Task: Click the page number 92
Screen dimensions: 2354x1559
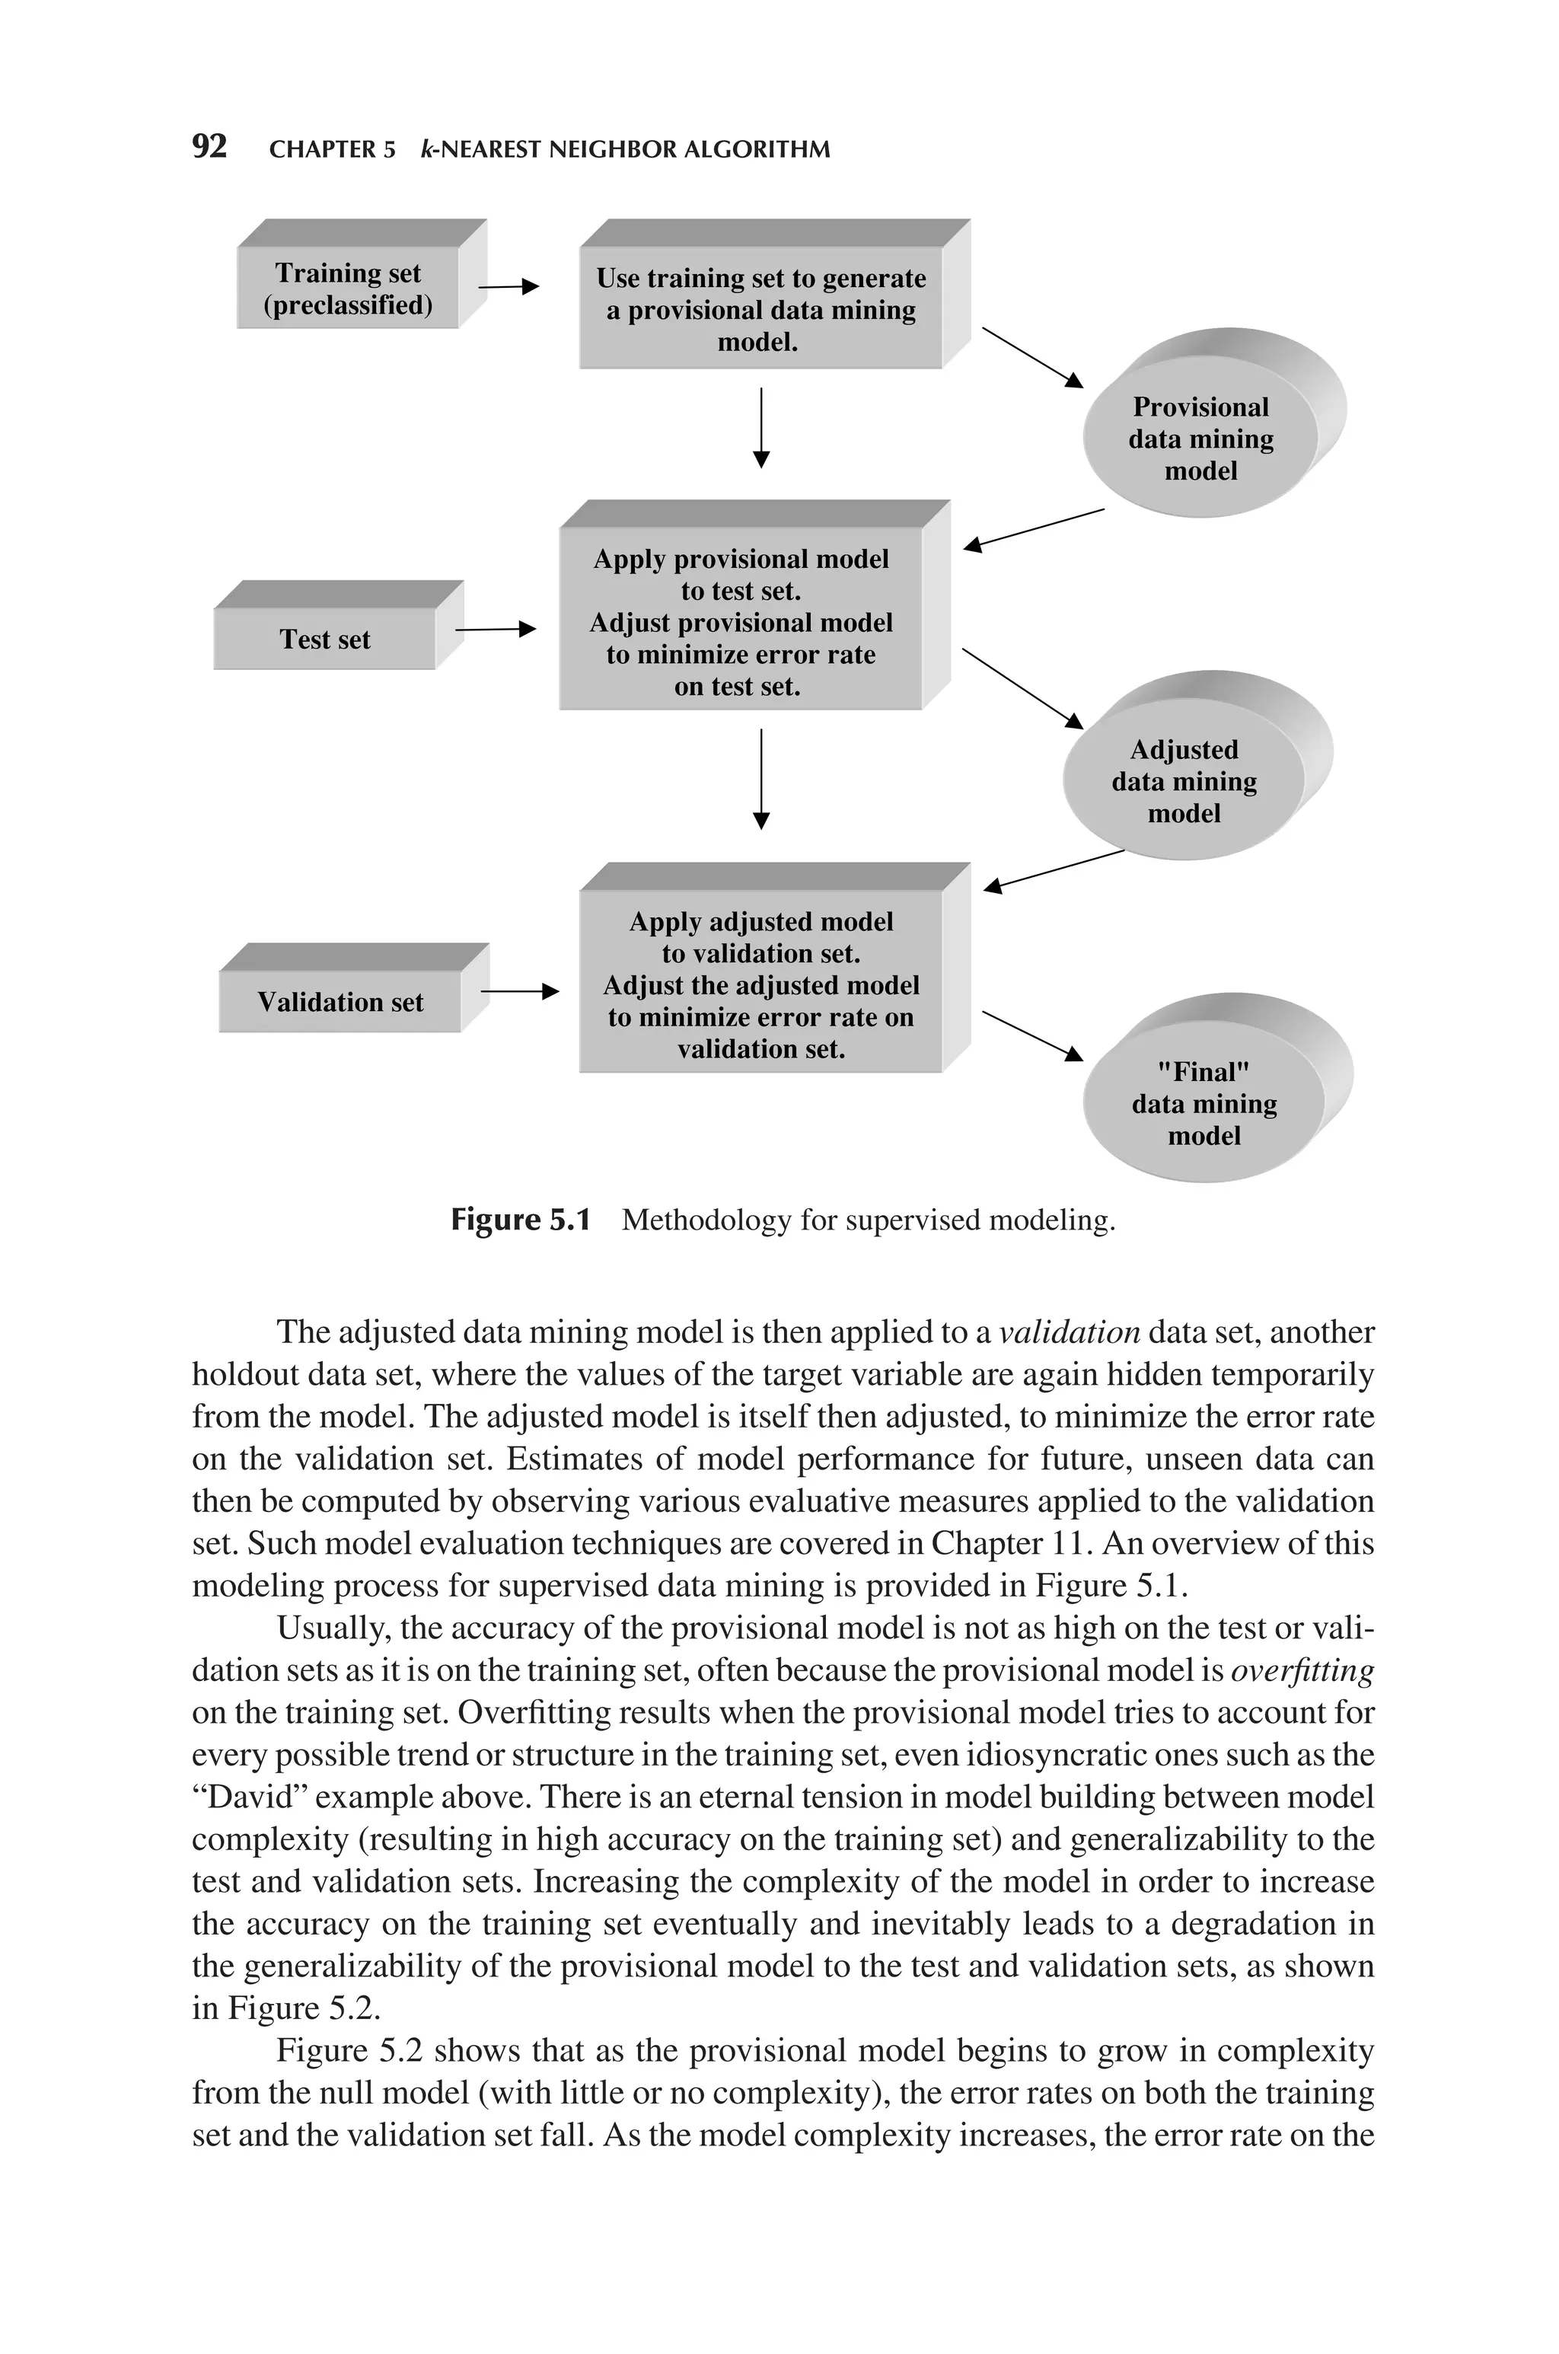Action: [209, 147]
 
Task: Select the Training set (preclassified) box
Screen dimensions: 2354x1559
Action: [348, 289]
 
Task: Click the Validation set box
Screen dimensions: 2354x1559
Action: [340, 1001]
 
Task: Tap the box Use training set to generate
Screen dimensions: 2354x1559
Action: [760, 309]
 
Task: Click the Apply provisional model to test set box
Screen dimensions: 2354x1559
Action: [741, 621]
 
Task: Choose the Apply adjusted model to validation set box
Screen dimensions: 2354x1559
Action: [760, 984]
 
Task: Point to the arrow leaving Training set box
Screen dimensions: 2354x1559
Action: [508, 287]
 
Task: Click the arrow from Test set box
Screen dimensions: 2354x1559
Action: [495, 630]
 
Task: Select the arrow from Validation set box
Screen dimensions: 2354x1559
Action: [519, 991]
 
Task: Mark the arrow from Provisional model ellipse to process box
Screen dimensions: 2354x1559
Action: [1034, 529]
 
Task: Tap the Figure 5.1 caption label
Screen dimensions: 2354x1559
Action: [520, 1220]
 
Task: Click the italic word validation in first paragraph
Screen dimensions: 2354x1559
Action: [1069, 1332]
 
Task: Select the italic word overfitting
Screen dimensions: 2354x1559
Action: [1302, 1670]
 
